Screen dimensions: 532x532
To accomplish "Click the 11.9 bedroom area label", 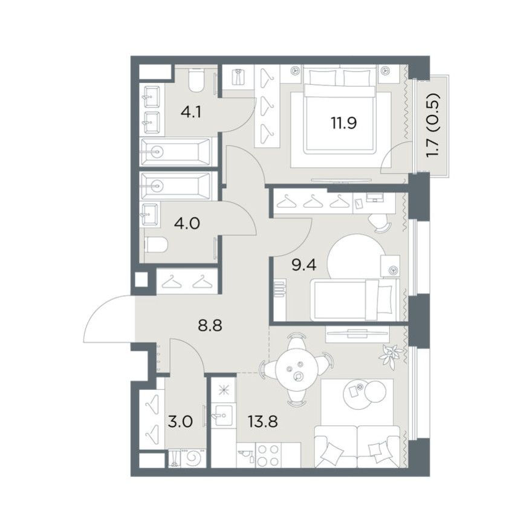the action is (344, 123).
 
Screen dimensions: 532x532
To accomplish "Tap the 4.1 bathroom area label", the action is (191, 112).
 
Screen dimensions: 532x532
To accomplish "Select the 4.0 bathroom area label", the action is (186, 224).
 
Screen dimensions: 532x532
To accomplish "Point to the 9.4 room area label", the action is (304, 265).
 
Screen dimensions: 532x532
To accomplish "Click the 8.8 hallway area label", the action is (210, 326).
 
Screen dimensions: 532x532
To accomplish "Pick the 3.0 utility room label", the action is (181, 422).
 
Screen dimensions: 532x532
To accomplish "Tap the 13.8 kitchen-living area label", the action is (263, 422).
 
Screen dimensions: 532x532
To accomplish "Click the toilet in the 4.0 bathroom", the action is (157, 245).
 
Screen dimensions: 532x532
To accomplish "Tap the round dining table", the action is (297, 369).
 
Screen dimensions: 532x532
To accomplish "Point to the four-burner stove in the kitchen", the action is (268, 455).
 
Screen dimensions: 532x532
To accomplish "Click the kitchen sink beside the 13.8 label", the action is (223, 415).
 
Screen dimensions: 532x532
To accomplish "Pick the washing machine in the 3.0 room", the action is (193, 458).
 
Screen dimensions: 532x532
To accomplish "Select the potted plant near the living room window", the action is (391, 356).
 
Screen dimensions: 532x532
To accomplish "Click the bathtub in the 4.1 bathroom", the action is (175, 152).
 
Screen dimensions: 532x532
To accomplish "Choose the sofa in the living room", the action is (358, 447).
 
